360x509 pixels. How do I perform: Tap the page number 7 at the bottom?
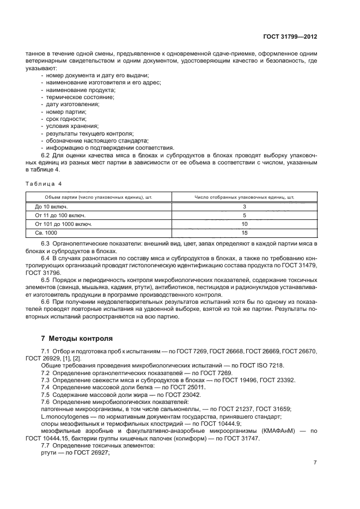tap(315, 463)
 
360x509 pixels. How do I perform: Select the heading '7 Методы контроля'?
tap(69, 338)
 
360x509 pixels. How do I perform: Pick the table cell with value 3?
tap(245, 207)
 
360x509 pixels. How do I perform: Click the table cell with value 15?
tap(245, 232)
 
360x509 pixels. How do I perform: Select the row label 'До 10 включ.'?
tap(51, 207)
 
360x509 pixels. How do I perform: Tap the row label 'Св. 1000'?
tap(46, 232)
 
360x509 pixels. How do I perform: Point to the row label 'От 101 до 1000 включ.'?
tap(64, 224)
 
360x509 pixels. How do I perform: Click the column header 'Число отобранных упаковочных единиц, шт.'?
tap(245, 197)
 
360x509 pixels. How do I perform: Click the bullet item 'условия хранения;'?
tap(69, 126)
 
